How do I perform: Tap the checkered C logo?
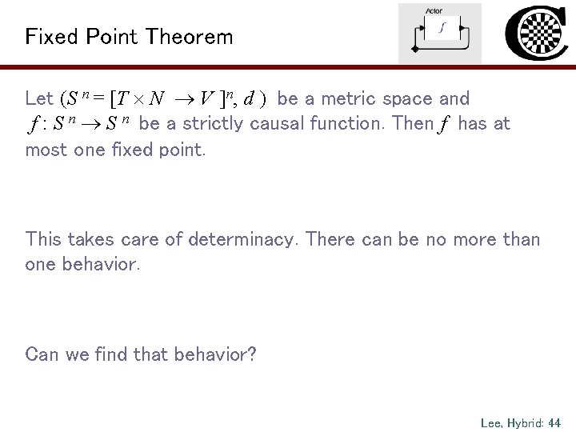pyautogui.click(x=538, y=32)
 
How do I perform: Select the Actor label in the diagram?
pyautogui.click(x=434, y=10)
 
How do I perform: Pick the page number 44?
pyautogui.click(x=554, y=422)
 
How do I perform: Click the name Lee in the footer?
pyautogui.click(x=490, y=422)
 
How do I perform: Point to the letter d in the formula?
pyautogui.click(x=249, y=99)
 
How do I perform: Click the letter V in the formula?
pyautogui.click(x=206, y=99)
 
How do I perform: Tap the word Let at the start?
pyautogui.click(x=39, y=99)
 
